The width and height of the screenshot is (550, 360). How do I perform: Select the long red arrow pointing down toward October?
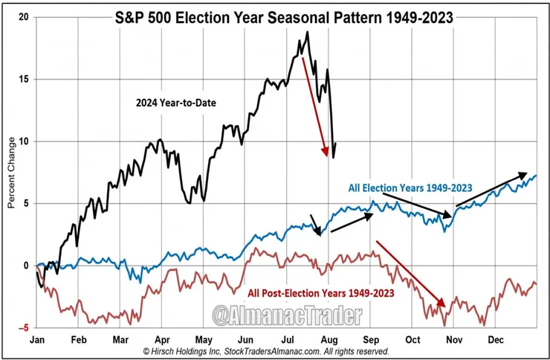pos(410,273)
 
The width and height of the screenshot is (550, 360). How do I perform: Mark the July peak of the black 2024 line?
pos(307,33)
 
